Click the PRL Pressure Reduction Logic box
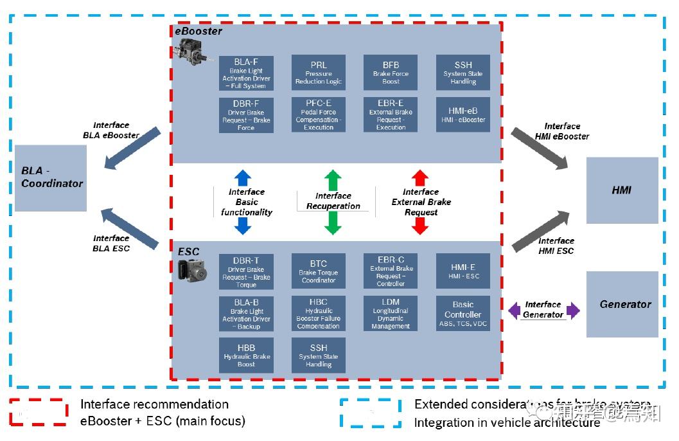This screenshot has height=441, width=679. [x=319, y=73]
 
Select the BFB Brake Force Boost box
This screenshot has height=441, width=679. [x=391, y=73]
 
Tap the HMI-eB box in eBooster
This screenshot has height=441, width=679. [x=463, y=114]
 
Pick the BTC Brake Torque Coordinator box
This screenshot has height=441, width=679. [x=319, y=271]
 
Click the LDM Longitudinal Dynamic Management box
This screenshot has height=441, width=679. [x=391, y=313]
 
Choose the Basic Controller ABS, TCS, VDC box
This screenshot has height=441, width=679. [x=463, y=313]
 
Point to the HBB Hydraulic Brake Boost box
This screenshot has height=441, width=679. [x=246, y=355]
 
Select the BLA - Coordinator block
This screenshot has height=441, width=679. [x=51, y=177]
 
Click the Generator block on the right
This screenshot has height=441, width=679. [x=622, y=304]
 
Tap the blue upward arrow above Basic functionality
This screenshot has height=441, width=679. [x=243, y=178]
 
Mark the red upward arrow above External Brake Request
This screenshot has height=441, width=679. [x=419, y=178]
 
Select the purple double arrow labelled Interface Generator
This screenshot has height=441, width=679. [x=543, y=310]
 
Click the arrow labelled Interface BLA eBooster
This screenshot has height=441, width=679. [x=133, y=149]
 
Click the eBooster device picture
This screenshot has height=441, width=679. [x=195, y=51]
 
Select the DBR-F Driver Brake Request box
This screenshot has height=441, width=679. [x=246, y=115]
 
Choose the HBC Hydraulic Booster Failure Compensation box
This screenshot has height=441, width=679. [x=319, y=313]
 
